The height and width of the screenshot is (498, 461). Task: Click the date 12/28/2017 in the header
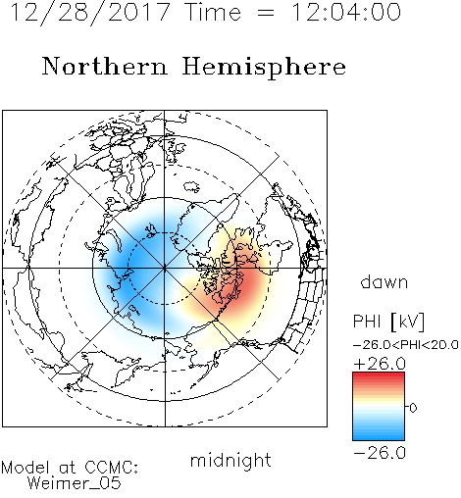(x=90, y=13)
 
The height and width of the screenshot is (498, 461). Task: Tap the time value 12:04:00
(x=346, y=12)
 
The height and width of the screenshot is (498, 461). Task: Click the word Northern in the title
(x=105, y=66)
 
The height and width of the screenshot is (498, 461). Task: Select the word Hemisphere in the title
(x=264, y=68)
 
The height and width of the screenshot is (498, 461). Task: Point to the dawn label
(x=384, y=281)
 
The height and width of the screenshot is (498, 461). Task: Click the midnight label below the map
(x=230, y=460)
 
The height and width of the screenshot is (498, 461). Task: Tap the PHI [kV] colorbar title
(x=388, y=322)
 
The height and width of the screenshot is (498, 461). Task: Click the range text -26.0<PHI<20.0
(x=405, y=345)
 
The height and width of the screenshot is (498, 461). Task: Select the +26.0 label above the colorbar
(x=380, y=364)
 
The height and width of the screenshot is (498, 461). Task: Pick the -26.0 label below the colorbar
(x=380, y=453)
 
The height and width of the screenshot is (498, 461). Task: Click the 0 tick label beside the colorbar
(x=413, y=408)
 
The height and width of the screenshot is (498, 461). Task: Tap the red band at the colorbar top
(x=379, y=376)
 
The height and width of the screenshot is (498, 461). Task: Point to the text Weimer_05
(x=75, y=483)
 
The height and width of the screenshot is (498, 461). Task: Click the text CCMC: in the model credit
(x=112, y=468)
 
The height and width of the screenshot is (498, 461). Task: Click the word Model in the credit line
(x=26, y=468)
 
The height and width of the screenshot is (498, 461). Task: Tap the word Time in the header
(x=213, y=12)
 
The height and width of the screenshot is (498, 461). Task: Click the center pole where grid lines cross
(x=165, y=269)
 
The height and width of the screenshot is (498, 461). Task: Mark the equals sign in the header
(x=266, y=13)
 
